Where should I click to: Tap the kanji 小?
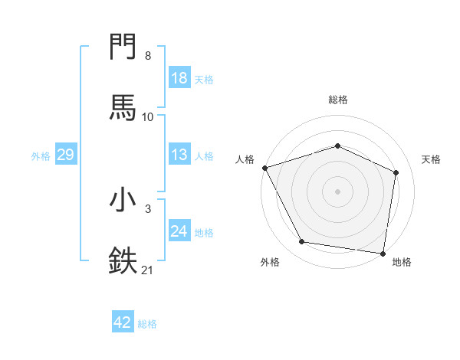tap(123, 200)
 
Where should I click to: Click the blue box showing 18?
tap(179, 78)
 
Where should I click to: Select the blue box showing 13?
tap(179, 155)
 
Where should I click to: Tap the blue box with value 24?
tap(179, 231)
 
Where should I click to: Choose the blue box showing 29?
tap(65, 155)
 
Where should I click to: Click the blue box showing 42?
tap(123, 322)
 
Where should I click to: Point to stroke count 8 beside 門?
tap(147, 56)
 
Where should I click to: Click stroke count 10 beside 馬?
tap(148, 116)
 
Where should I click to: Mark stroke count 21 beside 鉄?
tap(148, 270)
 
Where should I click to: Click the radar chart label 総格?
tap(338, 100)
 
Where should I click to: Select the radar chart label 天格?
tap(432, 159)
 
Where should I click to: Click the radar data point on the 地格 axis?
tap(383, 253)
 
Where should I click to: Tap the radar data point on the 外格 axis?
tap(302, 242)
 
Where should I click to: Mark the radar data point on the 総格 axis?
tap(338, 146)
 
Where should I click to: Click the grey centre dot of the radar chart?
tap(338, 191)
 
